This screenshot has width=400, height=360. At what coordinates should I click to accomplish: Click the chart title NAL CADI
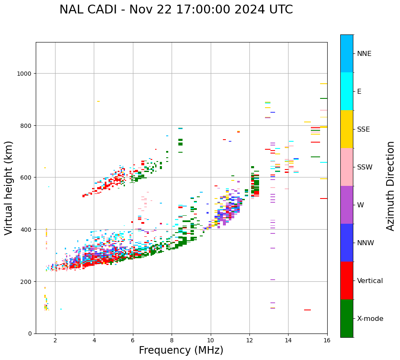pyautogui.click(x=176, y=10)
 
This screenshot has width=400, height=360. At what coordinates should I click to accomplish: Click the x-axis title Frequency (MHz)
pyautogui.click(x=181, y=350)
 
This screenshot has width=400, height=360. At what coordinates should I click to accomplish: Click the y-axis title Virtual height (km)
pyautogui.click(x=9, y=188)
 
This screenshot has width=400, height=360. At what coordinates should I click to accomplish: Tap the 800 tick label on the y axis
pyautogui.click(x=26, y=126)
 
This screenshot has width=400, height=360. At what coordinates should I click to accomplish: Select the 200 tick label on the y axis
pyautogui.click(x=26, y=282)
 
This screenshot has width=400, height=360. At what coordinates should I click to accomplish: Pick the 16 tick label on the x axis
pyautogui.click(x=327, y=341)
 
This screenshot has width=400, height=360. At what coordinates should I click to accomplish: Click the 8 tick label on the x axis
pyautogui.click(x=172, y=341)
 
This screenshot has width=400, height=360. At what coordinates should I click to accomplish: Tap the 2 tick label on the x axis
pyautogui.click(x=55, y=341)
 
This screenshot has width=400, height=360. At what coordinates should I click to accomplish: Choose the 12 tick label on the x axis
pyautogui.click(x=249, y=341)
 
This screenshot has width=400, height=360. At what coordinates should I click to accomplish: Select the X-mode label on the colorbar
pyautogui.click(x=370, y=319)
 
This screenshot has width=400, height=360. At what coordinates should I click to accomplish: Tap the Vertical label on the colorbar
pyautogui.click(x=370, y=281)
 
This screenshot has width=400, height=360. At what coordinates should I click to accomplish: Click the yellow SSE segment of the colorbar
pyautogui.click(x=347, y=129)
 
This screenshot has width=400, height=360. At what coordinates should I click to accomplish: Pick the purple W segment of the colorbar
pyautogui.click(x=347, y=205)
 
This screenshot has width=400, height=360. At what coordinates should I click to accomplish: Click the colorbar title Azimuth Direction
pyautogui.click(x=391, y=186)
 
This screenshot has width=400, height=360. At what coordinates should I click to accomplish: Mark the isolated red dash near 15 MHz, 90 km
pyautogui.click(x=307, y=310)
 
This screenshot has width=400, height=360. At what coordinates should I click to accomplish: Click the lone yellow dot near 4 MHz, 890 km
pyautogui.click(x=98, y=101)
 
